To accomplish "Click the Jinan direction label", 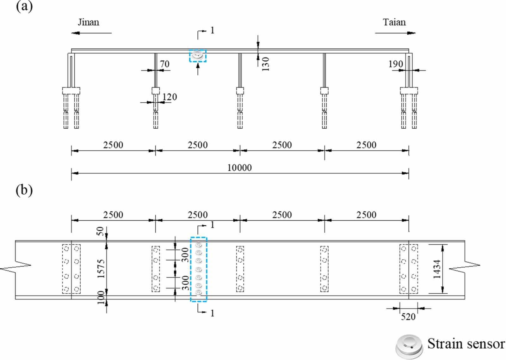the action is point(89,22).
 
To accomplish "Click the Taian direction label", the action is point(394,22).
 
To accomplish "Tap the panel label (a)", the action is point(24,6).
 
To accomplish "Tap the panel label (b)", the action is point(24,190).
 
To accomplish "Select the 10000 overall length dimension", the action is point(239,168).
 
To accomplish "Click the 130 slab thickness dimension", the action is point(266,64).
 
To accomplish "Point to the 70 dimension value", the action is point(165,64).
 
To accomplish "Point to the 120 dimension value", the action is point(170,97).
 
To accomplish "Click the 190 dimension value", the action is point(396,64).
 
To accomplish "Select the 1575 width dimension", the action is point(101,269).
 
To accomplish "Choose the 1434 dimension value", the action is point(437,269).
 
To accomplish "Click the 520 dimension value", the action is point(408,317).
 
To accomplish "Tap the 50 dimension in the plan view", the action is point(100,231).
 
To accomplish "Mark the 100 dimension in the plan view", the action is point(101,297).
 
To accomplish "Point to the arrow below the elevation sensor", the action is point(198,69).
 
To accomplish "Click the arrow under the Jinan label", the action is point(91,33).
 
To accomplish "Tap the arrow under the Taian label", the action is point(395,33).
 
